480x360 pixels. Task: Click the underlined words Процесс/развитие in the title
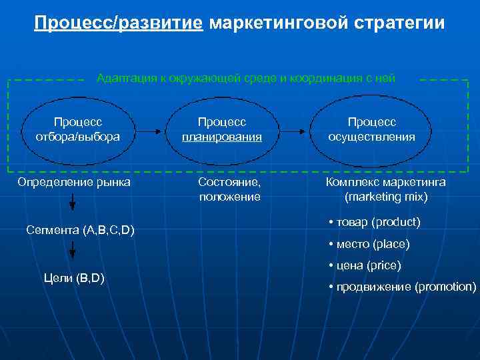pyautogui.click(x=119, y=24)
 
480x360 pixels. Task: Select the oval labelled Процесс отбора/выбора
pyautogui.click(x=78, y=130)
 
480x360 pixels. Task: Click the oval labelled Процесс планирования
pyautogui.click(x=222, y=130)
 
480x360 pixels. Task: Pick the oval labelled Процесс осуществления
pyautogui.click(x=371, y=130)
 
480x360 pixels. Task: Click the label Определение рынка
pyautogui.click(x=74, y=182)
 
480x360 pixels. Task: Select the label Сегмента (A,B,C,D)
pyautogui.click(x=80, y=231)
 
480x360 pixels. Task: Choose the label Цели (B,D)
pyautogui.click(x=73, y=277)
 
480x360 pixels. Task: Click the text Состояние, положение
pyautogui.click(x=230, y=189)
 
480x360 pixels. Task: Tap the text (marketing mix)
pyautogui.click(x=386, y=197)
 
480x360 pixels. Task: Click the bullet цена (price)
pyautogui.click(x=367, y=265)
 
